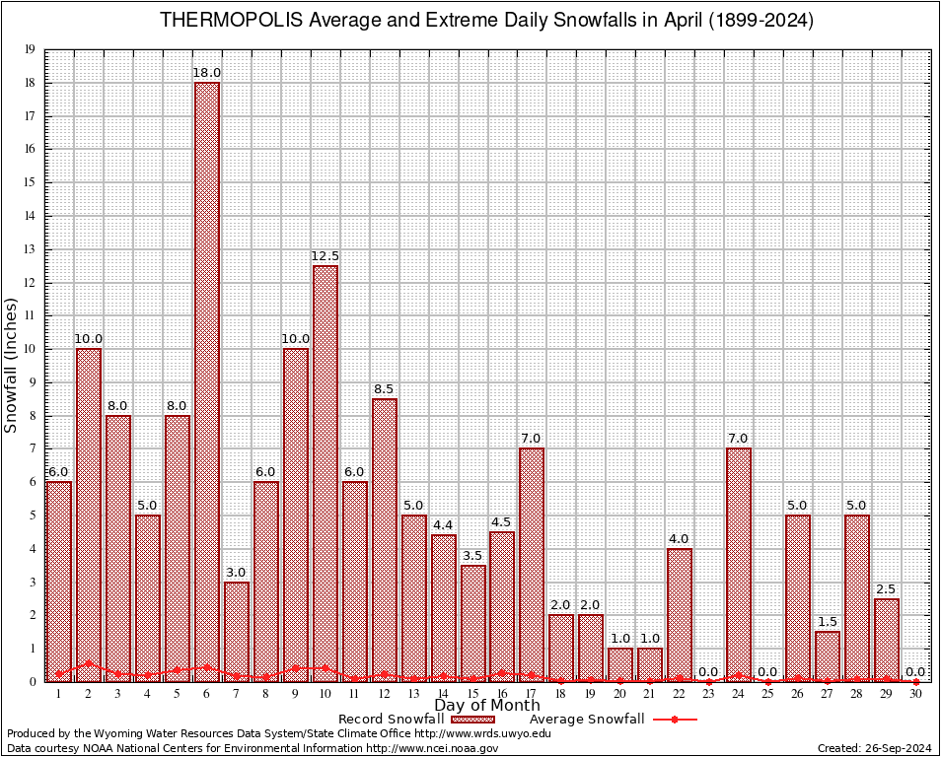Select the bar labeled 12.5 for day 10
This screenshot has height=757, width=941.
tap(325, 473)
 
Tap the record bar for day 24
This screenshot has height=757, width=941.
tap(738, 562)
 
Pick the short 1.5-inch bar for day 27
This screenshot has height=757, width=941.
tap(827, 655)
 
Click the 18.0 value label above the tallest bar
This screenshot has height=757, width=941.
tap(207, 73)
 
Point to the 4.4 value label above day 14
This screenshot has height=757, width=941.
tap(443, 524)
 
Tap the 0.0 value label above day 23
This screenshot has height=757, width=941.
tap(708, 671)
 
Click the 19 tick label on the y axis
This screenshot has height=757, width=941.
tap(31, 49)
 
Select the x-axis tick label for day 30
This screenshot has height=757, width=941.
tap(915, 693)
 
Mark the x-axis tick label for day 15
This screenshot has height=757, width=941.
tap(472, 693)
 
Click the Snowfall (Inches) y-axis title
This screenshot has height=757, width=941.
tap(12, 365)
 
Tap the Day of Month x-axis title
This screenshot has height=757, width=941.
tap(486, 706)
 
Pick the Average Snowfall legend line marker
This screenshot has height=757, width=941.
tap(674, 720)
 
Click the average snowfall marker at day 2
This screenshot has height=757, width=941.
tap(89, 663)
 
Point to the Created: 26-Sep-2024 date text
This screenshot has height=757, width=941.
tap(874, 748)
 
